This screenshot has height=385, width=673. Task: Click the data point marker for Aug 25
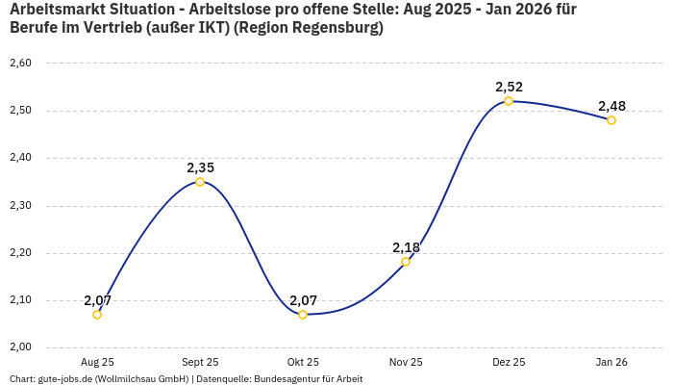(x=97, y=315)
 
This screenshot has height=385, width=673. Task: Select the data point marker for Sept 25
(x=200, y=182)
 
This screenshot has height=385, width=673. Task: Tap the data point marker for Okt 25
(x=303, y=315)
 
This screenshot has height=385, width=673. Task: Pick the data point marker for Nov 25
(x=406, y=262)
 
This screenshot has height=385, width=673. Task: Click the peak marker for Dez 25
(x=509, y=101)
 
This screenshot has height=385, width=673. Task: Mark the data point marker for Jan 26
(x=611, y=120)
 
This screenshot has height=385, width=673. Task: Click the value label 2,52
(x=509, y=87)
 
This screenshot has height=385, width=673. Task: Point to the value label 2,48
(x=611, y=106)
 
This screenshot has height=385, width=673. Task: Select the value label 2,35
(x=200, y=167)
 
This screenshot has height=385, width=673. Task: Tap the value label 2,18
(x=406, y=247)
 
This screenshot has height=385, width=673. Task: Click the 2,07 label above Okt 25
(x=303, y=300)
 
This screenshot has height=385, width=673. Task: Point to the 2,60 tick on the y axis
(x=20, y=64)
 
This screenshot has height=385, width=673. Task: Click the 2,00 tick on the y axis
(x=20, y=347)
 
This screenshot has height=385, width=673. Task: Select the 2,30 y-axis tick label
(x=20, y=206)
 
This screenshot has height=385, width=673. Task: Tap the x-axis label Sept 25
(x=200, y=363)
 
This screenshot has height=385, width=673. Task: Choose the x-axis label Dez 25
(x=509, y=363)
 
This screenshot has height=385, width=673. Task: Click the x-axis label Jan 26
(x=611, y=363)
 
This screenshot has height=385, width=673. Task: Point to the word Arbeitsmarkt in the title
(x=56, y=9)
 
